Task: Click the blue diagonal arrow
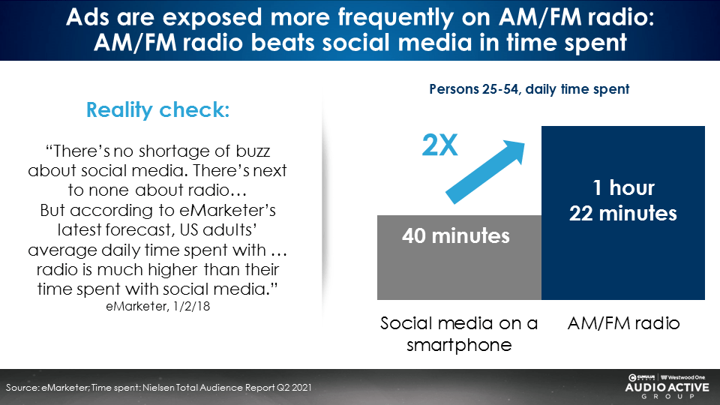[485, 172]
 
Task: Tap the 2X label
[439, 145]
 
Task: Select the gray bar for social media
[459, 257]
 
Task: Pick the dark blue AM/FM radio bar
[623, 213]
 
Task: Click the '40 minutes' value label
[456, 236]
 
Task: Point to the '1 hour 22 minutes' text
[623, 201]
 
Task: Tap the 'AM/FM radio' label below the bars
[623, 323]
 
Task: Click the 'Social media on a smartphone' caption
[459, 334]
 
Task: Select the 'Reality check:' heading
[158, 110]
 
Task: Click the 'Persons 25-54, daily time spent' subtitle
[529, 89]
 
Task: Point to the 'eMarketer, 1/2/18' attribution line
[158, 306]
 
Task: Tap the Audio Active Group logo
[667, 387]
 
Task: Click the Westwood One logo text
[683, 377]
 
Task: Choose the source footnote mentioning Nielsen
[158, 388]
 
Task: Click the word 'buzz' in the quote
[253, 151]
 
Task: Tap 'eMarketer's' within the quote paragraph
[227, 210]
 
